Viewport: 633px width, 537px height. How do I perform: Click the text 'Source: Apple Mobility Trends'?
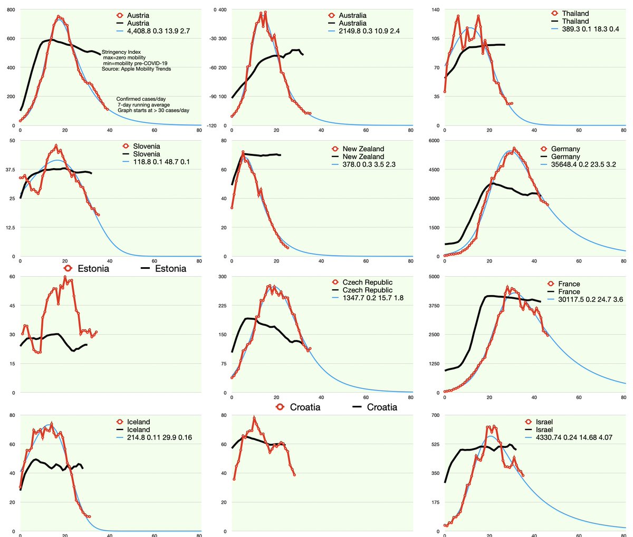[x=136, y=69]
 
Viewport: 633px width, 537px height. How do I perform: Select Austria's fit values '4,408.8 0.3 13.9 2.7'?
[x=158, y=31]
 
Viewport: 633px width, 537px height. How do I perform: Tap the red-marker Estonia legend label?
[x=93, y=269]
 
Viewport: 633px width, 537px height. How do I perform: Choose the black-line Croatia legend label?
[x=382, y=407]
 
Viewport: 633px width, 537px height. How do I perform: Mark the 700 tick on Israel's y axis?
[x=435, y=415]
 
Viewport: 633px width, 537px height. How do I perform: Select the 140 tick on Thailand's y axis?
[x=435, y=10]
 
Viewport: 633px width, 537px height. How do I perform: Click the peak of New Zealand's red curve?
[x=243, y=152]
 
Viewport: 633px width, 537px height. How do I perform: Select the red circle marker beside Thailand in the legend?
[x=554, y=14]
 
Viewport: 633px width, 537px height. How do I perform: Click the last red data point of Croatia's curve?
[x=294, y=475]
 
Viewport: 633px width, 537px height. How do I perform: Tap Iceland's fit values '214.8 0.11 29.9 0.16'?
[x=159, y=437]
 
